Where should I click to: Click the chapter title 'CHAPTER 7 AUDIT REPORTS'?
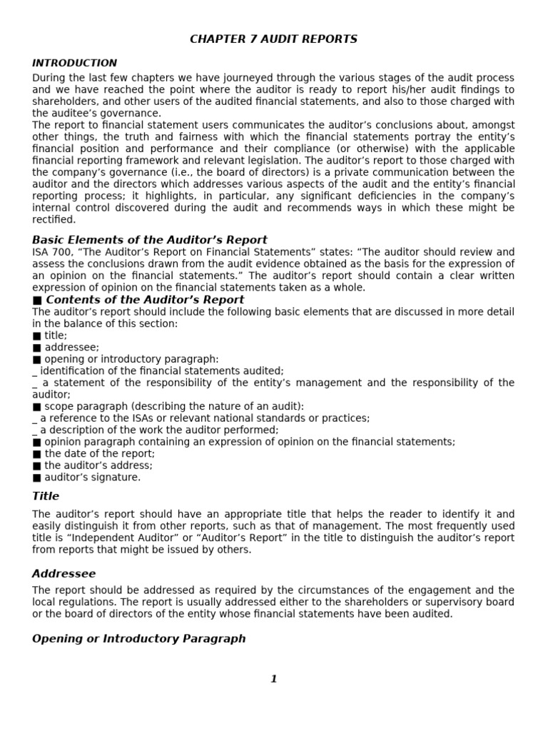(x=273, y=39)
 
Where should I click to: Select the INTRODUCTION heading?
(x=74, y=63)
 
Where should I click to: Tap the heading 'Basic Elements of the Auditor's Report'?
(x=150, y=239)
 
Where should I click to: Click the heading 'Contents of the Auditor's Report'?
(x=144, y=300)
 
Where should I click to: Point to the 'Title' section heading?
(x=46, y=496)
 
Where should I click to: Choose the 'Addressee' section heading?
(x=64, y=574)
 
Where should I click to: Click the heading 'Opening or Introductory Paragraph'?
(x=138, y=638)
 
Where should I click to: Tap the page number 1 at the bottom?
(x=273, y=679)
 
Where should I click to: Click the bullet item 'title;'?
(x=56, y=336)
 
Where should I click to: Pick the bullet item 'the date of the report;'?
(x=99, y=453)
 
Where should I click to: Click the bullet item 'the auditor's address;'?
(x=98, y=465)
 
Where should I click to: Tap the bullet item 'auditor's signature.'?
(x=92, y=477)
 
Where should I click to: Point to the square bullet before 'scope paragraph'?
(x=37, y=406)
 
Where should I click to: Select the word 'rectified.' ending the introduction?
(x=54, y=220)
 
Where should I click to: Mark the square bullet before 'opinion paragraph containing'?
(x=37, y=442)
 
